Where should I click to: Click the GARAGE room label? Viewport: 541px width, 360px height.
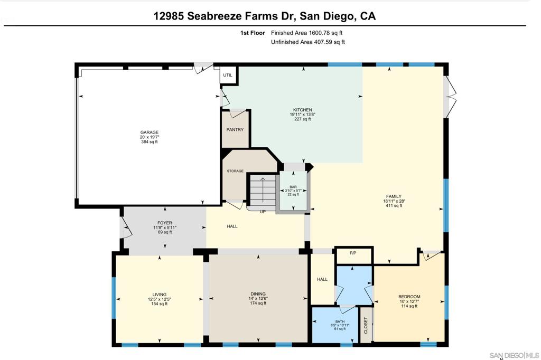149,132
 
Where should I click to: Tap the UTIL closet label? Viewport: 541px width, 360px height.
228,75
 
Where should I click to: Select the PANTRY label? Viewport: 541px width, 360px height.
235,129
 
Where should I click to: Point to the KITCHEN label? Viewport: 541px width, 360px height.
303,110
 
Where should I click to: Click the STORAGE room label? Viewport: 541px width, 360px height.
235,171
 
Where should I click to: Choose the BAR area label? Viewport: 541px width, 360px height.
293,187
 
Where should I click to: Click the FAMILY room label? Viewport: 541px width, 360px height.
394,196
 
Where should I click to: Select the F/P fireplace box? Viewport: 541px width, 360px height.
353,253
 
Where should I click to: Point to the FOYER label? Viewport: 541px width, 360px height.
164,223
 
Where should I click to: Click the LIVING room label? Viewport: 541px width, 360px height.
159,295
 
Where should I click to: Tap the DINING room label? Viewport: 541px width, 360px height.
258,294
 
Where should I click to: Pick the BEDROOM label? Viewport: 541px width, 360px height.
409,297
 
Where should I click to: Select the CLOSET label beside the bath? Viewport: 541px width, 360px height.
365,325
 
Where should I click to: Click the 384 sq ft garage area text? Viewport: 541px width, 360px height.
149,142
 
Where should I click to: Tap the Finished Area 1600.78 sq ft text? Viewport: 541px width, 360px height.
306,33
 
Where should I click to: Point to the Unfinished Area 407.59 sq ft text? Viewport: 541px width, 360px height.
307,42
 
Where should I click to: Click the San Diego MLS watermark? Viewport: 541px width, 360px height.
514,355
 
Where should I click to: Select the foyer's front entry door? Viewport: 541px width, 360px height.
126,228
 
